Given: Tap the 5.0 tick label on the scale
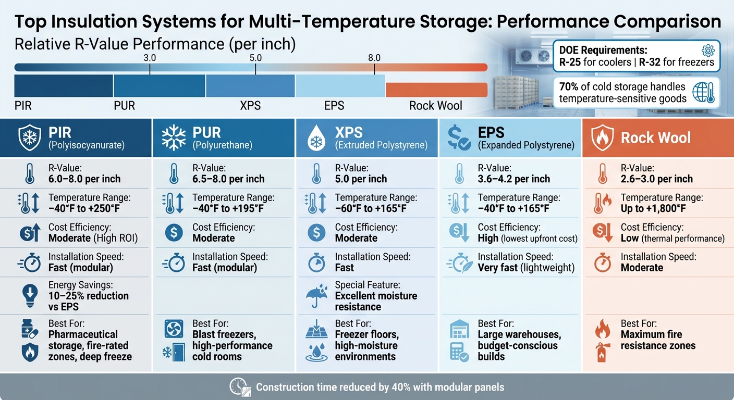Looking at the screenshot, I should click(255, 58).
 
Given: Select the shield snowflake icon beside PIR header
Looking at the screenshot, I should click(29, 137).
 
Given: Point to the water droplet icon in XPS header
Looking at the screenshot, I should click(315, 139).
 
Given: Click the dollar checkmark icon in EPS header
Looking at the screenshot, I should click(459, 138).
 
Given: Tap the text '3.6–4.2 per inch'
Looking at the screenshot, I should click(513, 179).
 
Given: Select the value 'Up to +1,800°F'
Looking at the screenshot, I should click(653, 209).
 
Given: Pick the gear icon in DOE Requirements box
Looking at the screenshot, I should click(707, 51).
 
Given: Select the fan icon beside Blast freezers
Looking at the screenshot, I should click(173, 329).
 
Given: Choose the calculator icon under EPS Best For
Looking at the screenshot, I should click(459, 354).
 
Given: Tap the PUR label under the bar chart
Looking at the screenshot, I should click(124, 106).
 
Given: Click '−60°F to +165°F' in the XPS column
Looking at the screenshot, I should click(370, 209).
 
